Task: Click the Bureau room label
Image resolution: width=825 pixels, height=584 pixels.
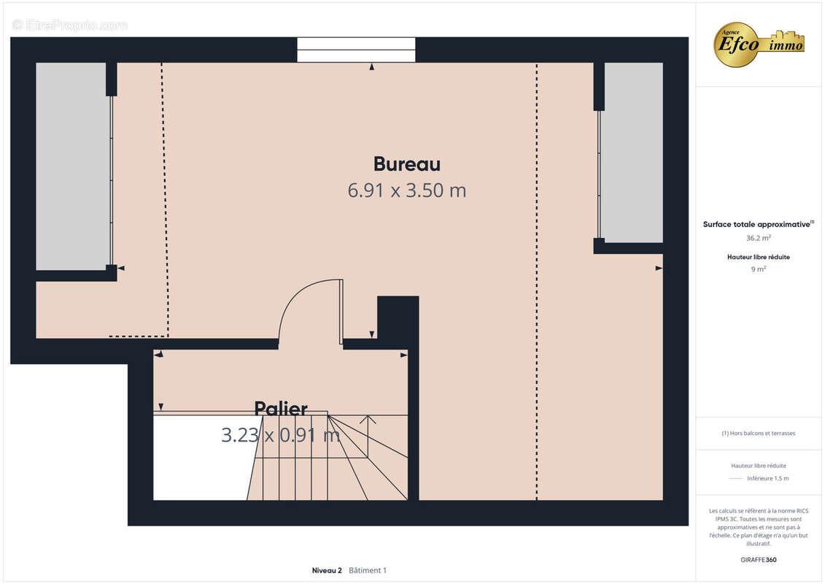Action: click(406, 164)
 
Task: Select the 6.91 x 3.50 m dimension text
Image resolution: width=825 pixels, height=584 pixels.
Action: click(406, 191)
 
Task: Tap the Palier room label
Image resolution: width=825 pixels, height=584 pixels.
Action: click(281, 409)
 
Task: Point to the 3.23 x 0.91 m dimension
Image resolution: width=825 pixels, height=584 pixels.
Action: click(281, 436)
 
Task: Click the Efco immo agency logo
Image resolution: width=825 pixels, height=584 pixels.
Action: click(759, 44)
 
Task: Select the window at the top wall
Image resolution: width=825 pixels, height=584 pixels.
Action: click(356, 50)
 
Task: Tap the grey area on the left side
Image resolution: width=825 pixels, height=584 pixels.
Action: click(71, 166)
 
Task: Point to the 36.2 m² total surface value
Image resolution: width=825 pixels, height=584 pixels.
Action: click(758, 238)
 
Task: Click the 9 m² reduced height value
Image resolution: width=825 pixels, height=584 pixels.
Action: click(758, 269)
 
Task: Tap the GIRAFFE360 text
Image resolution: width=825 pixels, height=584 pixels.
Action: click(758, 560)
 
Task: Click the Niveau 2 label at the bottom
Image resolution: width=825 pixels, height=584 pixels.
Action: click(327, 570)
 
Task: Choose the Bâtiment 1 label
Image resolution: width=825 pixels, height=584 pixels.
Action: click(368, 570)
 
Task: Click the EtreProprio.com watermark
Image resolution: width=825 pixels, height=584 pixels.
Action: click(70, 26)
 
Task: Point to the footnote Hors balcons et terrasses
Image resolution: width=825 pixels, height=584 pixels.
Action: click(759, 433)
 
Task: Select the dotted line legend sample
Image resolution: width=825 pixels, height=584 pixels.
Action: click(735, 479)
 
